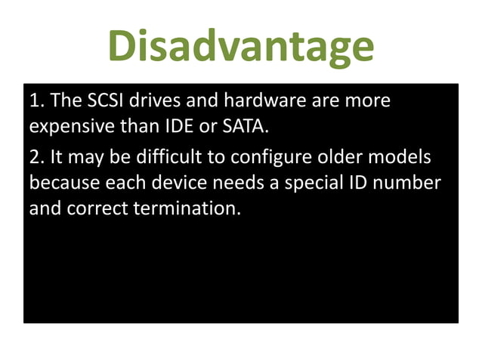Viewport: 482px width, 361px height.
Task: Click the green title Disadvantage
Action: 240,47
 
